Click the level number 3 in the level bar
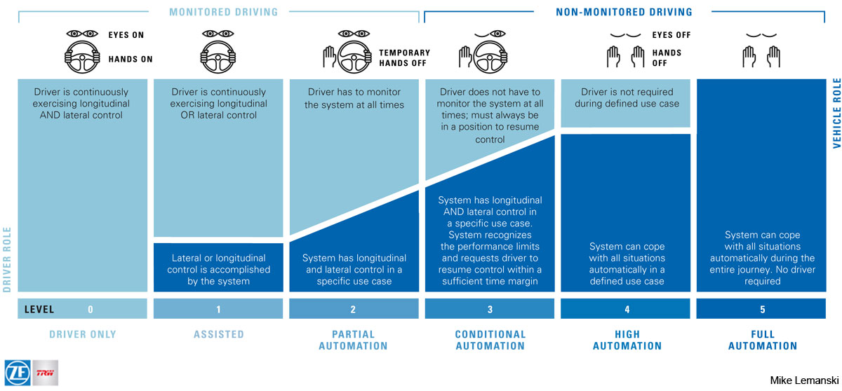pyautogui.click(x=490, y=309)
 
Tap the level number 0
pyautogui.click(x=91, y=309)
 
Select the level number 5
pyautogui.click(x=762, y=309)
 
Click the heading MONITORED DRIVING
pyautogui.click(x=223, y=12)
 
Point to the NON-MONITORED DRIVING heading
pyautogui.click(x=624, y=12)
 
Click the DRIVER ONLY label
pyautogui.click(x=83, y=334)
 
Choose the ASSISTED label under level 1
pyautogui.click(x=218, y=334)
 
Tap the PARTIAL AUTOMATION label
pyautogui.click(x=353, y=340)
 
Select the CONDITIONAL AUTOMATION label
pyautogui.click(x=490, y=340)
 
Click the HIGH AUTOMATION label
pyautogui.click(x=627, y=340)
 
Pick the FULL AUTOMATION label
pyautogui.click(x=762, y=340)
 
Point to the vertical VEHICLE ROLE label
pyautogui.click(x=836, y=104)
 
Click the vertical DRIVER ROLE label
pyautogui.click(x=8, y=259)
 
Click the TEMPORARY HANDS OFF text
pyautogui.click(x=404, y=57)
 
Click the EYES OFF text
pyautogui.click(x=671, y=35)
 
